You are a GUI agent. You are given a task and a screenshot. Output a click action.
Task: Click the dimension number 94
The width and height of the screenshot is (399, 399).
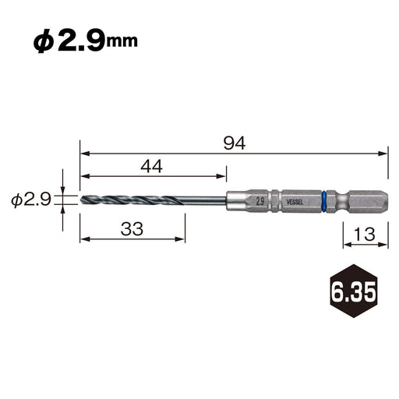[x=235, y=143]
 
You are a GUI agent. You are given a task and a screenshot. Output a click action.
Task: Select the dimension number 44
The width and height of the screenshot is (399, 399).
[x=152, y=165]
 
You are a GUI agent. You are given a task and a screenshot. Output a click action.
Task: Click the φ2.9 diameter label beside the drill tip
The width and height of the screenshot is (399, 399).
[x=31, y=200]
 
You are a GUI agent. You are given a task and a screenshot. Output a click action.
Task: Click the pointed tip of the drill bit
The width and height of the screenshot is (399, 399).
[x=82, y=201]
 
